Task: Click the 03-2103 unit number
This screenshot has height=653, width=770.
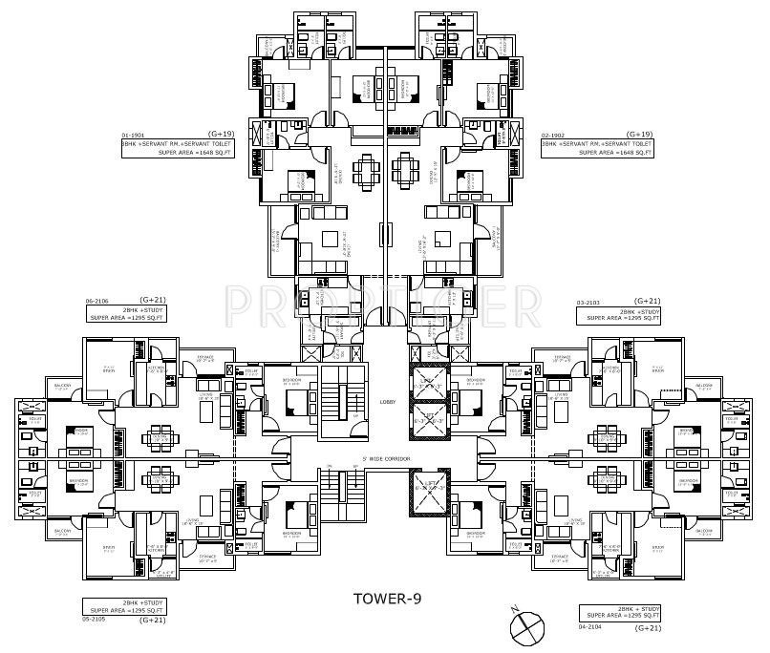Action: pyautogui.click(x=590, y=302)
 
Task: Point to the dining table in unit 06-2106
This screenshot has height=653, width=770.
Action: pyautogui.click(x=158, y=434)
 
